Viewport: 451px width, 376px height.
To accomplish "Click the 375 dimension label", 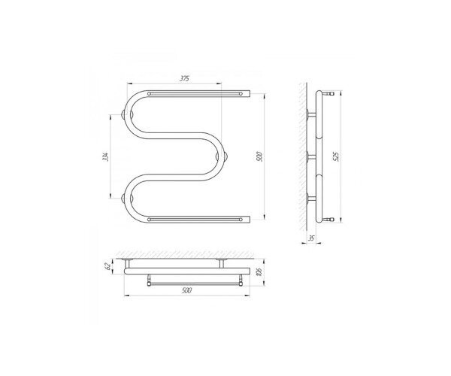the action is [x=184, y=79].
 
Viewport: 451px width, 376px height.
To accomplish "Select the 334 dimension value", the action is [x=106, y=156].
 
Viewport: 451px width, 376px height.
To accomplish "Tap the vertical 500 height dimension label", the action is [x=259, y=156].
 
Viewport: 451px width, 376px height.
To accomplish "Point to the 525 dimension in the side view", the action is [x=337, y=156].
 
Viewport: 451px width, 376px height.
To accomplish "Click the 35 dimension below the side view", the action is [x=311, y=238].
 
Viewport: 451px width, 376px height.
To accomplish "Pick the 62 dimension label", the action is [x=108, y=266].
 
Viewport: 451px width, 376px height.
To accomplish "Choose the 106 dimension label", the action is [x=259, y=271].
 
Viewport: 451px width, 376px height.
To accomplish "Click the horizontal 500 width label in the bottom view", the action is [x=186, y=290].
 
